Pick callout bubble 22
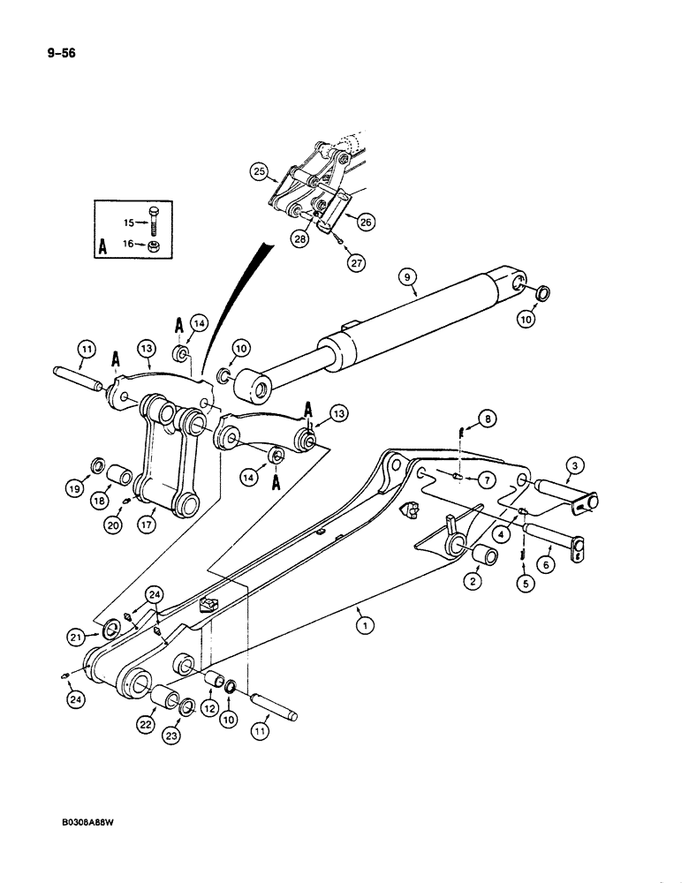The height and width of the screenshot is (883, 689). (144, 724)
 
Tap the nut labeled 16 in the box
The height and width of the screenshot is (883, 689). (153, 245)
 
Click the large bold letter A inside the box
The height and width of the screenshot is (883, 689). (104, 248)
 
